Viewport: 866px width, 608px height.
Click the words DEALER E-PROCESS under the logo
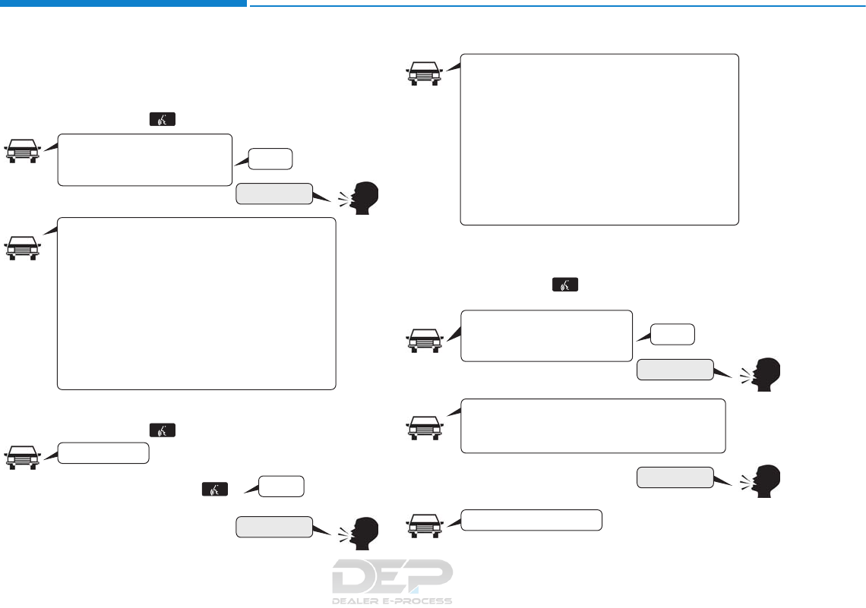click(x=392, y=600)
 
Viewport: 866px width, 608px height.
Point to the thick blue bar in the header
click(x=123, y=4)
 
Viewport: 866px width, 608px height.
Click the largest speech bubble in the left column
click(x=196, y=304)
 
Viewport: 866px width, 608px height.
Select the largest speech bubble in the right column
click(x=599, y=139)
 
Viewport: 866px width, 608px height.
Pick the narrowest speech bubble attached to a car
click(x=104, y=453)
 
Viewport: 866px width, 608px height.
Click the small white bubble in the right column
click(x=673, y=334)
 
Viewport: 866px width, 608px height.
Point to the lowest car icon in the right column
click(x=425, y=524)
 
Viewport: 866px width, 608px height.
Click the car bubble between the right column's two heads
click(x=593, y=425)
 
